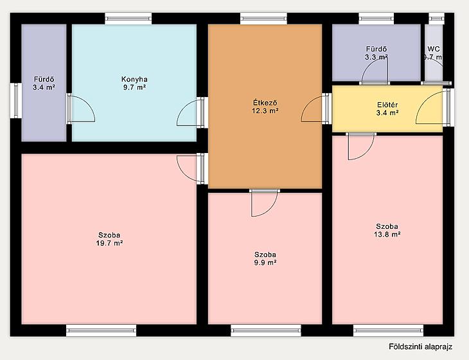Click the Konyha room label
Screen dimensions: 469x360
134,79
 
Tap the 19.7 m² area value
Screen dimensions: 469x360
109,243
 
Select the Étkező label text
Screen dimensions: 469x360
265,103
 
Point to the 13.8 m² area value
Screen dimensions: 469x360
387,234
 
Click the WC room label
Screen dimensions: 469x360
434,49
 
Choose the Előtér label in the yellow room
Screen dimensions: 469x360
387,105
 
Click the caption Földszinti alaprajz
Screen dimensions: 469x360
421,346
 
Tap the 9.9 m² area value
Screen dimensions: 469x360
265,263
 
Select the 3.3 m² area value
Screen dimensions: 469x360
376,57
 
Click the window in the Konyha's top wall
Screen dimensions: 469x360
128,19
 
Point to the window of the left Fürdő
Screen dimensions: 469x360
16,100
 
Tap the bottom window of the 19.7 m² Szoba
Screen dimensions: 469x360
101,330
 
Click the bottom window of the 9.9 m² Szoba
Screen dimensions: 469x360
266,330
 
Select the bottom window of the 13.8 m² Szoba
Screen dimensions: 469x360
389,330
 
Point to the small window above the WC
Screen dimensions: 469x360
436,19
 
